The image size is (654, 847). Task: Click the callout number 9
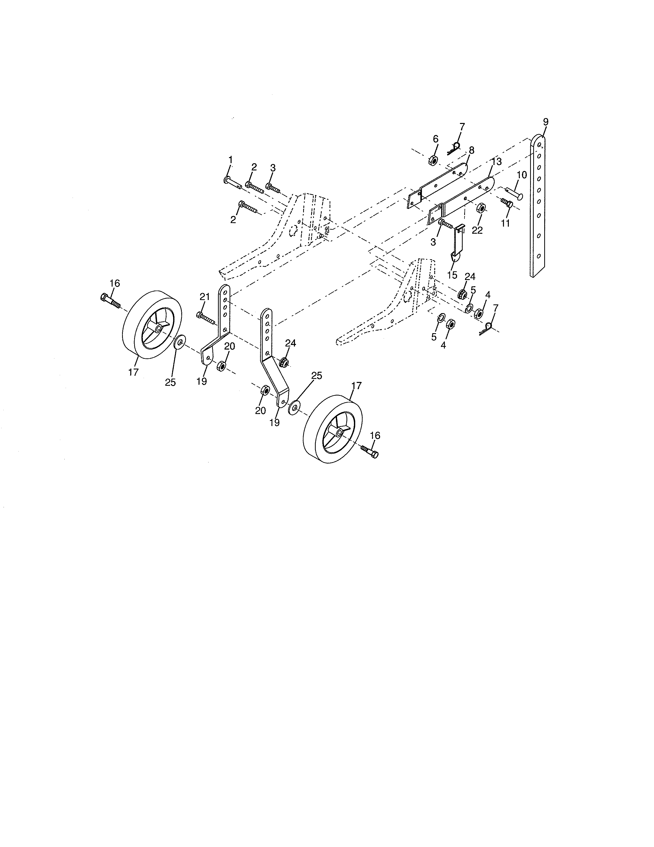pos(546,122)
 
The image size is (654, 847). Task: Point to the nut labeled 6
pos(433,160)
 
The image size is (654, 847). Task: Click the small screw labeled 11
pos(507,203)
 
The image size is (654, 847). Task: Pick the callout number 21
pos(205,297)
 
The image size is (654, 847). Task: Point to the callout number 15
pos(452,275)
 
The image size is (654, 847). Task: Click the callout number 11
pos(505,223)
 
